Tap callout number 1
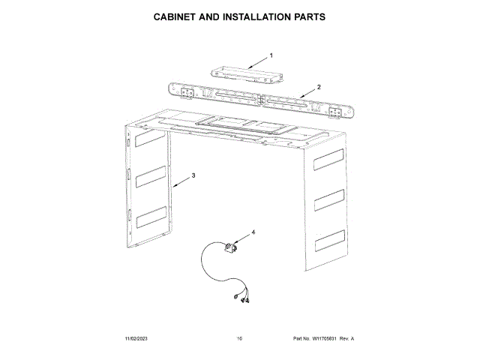[x=271, y=55]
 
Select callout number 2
[x=319, y=87]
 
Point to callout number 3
[x=193, y=175]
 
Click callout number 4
[x=253, y=232]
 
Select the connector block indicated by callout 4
[x=230, y=247]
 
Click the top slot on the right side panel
[x=328, y=160]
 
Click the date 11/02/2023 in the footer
[x=138, y=339]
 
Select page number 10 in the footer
[x=239, y=339]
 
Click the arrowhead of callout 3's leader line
[x=172, y=184]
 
